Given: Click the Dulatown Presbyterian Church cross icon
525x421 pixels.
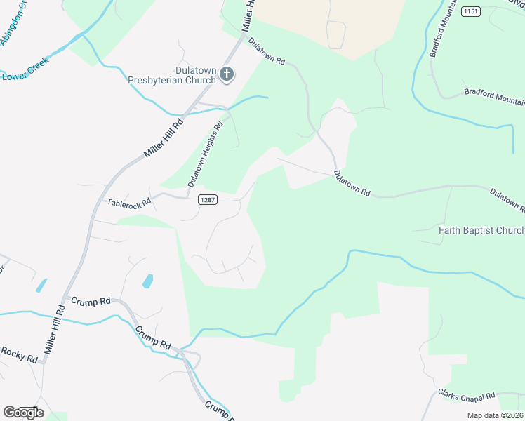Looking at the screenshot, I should (x=226, y=74).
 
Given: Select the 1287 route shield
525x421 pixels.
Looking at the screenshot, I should (x=207, y=200).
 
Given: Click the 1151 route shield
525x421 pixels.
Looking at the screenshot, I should (x=470, y=11).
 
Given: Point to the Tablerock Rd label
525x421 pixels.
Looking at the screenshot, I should (x=128, y=202).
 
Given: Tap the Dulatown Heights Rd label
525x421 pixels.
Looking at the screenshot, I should (x=204, y=154).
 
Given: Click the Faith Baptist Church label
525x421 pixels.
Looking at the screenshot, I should (x=481, y=231).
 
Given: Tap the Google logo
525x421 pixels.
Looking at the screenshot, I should (x=22, y=412).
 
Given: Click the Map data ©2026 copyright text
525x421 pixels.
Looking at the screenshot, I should (x=496, y=415).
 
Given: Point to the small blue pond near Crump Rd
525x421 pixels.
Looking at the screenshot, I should (x=147, y=281).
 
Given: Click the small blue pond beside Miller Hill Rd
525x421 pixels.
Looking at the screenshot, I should (x=41, y=286).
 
